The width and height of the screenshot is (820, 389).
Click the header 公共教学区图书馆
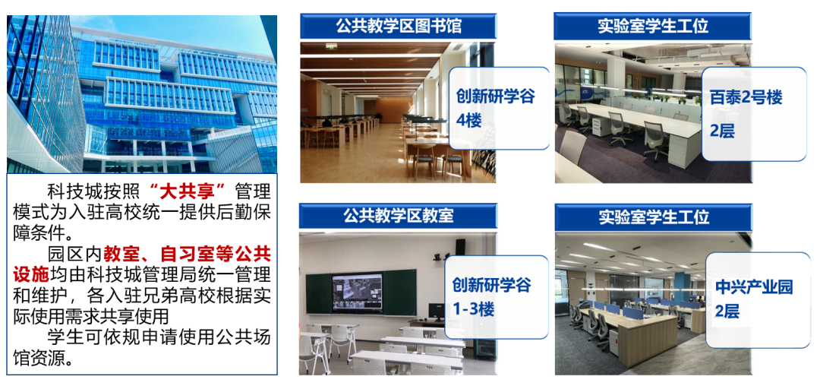(399, 26)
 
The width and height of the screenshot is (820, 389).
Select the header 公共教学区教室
(399, 216)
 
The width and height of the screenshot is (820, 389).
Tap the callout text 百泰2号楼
(746, 97)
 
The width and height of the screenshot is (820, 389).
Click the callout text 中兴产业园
(754, 287)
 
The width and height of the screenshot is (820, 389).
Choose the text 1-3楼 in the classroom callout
(473, 309)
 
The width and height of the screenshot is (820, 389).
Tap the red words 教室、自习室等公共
(187, 255)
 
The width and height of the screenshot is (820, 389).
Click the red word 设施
(31, 274)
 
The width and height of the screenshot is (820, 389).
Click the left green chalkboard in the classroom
(318, 294)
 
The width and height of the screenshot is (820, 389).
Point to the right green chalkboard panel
(399, 293)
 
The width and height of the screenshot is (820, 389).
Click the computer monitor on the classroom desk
(435, 312)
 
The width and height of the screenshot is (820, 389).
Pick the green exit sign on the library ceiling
(331, 46)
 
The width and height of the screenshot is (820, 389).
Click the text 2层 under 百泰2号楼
(722, 131)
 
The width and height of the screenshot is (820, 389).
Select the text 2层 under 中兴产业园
(727, 312)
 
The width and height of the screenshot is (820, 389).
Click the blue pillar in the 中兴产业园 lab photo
(680, 286)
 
